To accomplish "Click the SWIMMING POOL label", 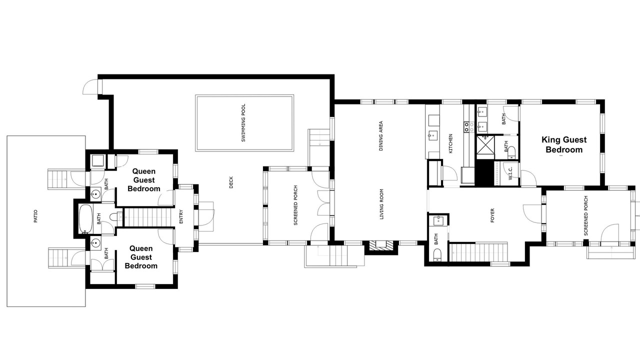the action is point(243,123).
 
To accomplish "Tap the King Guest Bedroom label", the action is point(564,144).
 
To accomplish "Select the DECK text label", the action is point(231,182).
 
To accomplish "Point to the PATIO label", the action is point(35,216).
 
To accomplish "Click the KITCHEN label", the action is point(450,143).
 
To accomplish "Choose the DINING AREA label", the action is point(380,136).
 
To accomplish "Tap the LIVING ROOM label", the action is point(381,204).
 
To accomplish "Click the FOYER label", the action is point(492,215).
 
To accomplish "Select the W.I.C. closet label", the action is point(510,173).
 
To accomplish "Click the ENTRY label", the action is point(181,217).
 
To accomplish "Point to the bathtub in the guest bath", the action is point(85,218).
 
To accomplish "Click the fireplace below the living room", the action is point(381,246).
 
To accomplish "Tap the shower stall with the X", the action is point(485,147).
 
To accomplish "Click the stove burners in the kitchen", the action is point(466,127).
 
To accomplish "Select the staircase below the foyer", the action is point(478,252).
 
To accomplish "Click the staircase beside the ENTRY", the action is point(148,217).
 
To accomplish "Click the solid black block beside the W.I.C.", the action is point(484,173).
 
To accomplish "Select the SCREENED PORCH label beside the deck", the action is point(295,205).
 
